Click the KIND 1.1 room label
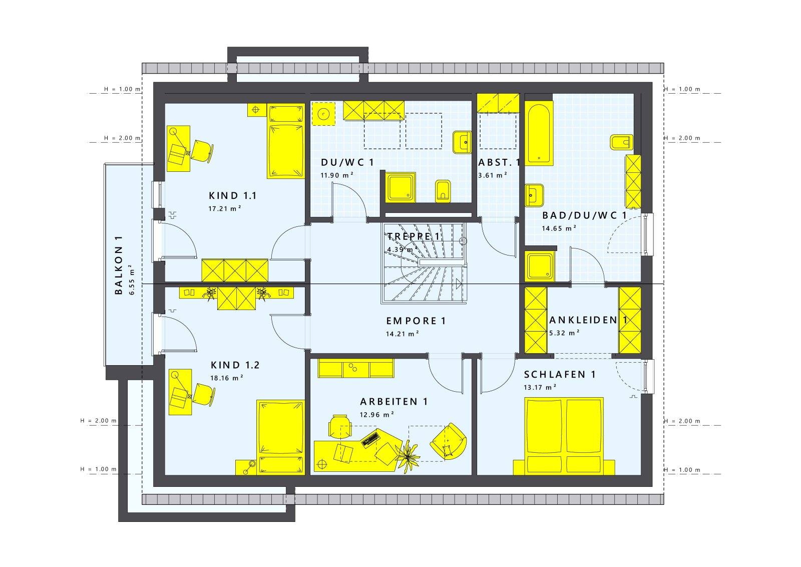(x=232, y=196)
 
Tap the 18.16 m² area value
(x=226, y=378)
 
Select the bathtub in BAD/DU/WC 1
(x=539, y=133)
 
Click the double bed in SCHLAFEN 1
(x=564, y=436)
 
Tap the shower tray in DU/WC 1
(x=400, y=187)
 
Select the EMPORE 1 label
(x=416, y=321)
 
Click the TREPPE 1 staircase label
(x=414, y=236)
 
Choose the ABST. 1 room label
(x=499, y=162)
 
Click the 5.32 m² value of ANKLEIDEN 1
(x=564, y=333)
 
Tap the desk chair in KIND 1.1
(x=201, y=151)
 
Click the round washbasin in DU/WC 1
(x=324, y=114)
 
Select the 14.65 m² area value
(x=559, y=228)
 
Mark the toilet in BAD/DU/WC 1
(x=621, y=142)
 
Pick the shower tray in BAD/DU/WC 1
(x=540, y=266)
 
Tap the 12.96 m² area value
(x=376, y=415)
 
